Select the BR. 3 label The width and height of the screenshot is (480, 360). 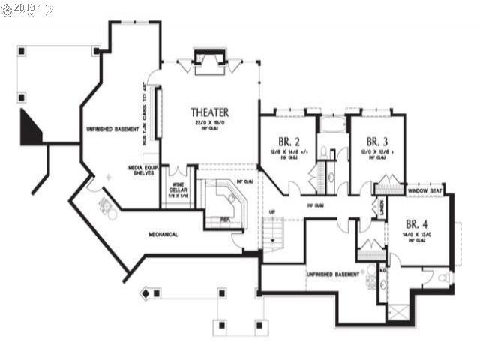click(376, 141)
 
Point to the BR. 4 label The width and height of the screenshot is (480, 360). click(416, 223)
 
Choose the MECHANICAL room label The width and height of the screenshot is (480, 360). click(163, 234)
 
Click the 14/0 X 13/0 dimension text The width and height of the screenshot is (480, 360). click(416, 235)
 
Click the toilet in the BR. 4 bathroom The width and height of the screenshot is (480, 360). click(444, 278)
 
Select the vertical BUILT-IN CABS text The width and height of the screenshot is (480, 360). click(145, 106)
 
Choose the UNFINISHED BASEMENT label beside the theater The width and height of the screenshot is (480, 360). click(111, 130)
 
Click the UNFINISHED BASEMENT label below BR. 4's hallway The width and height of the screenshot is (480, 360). click(332, 274)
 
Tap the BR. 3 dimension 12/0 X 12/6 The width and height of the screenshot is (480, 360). click(376, 152)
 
